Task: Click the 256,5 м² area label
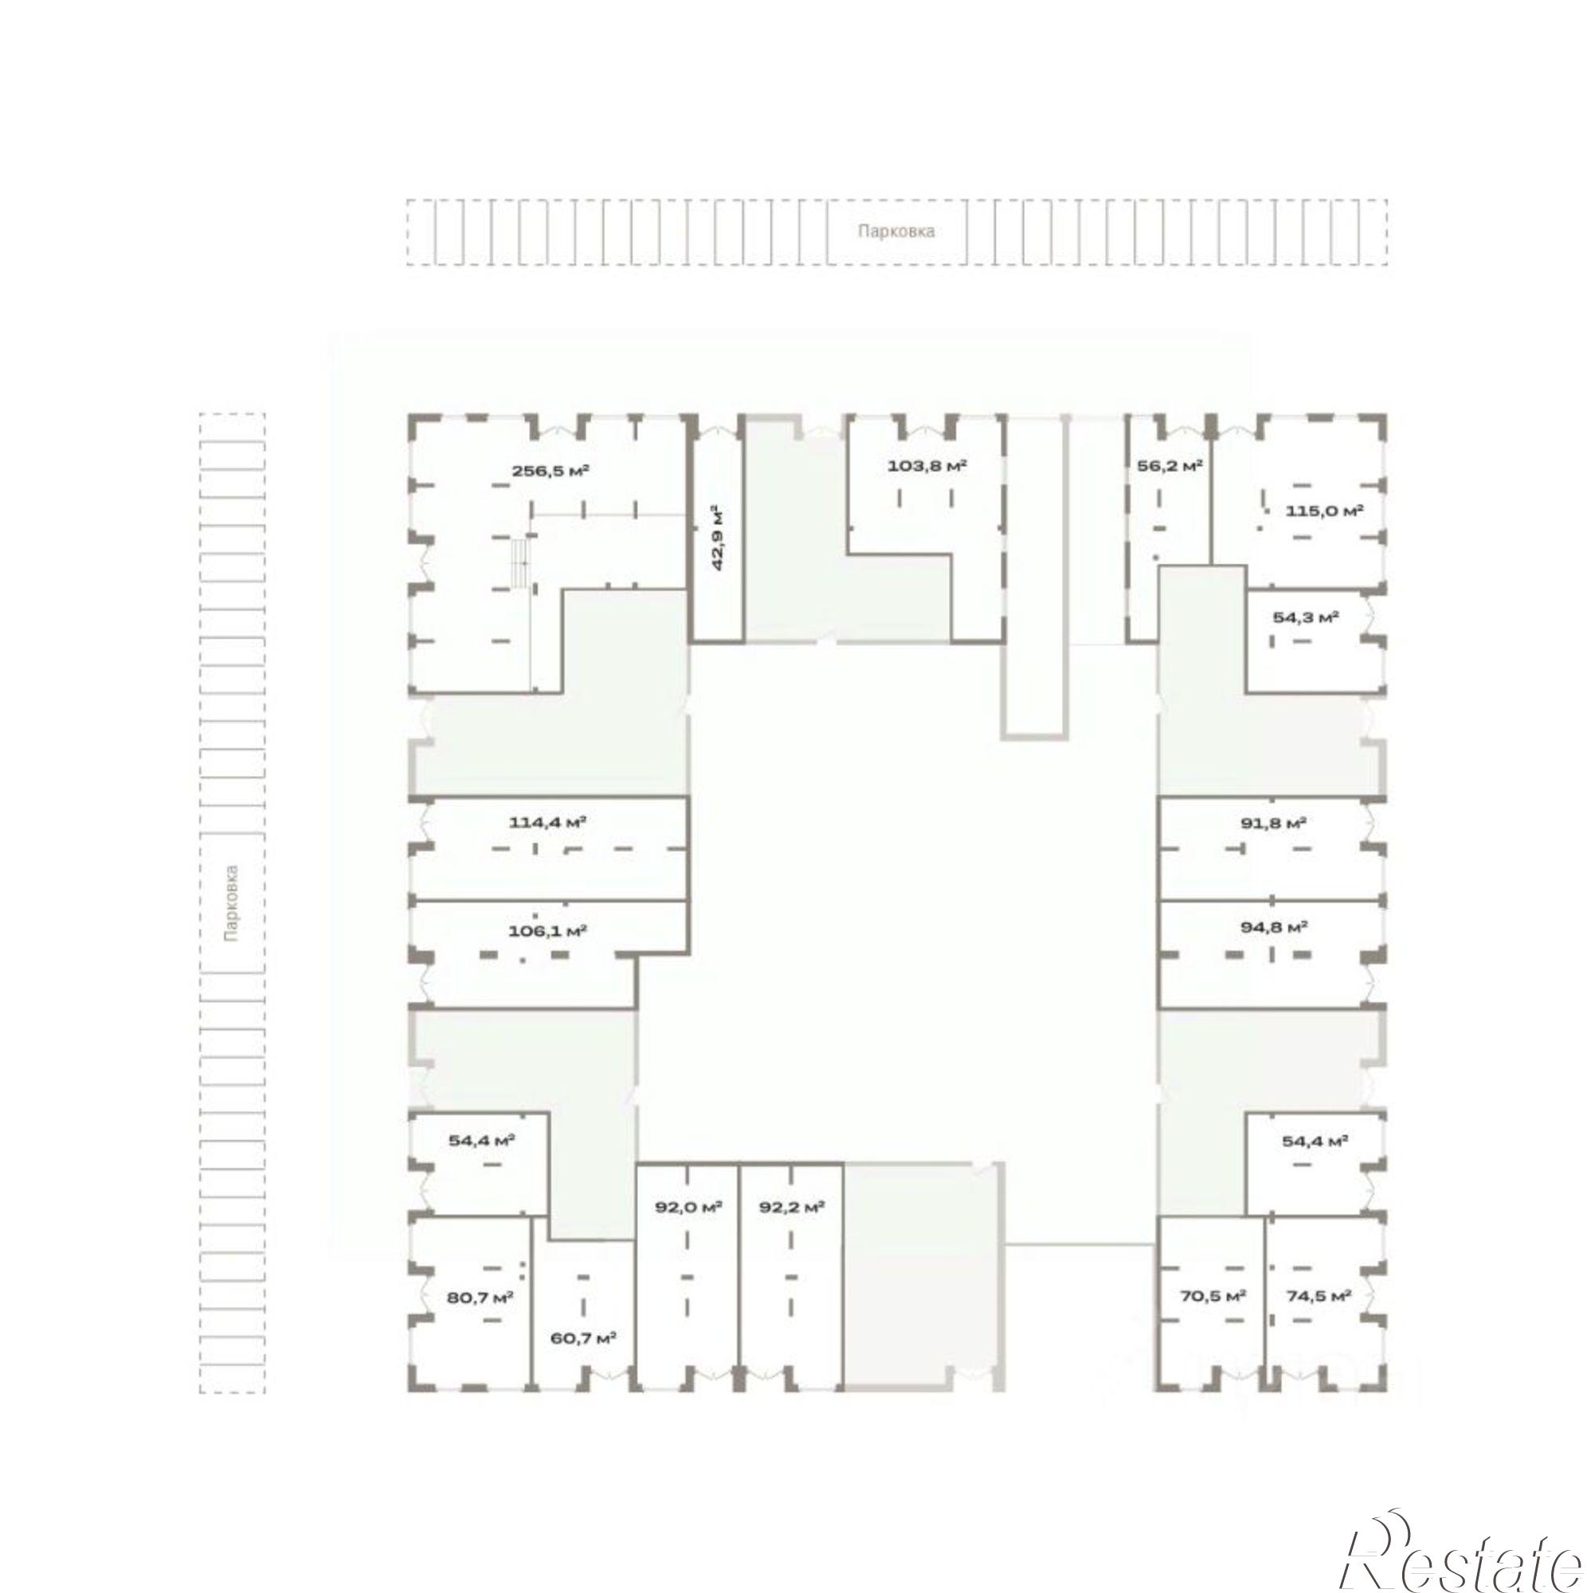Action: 551,472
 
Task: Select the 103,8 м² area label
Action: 927,465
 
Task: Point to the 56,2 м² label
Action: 1165,465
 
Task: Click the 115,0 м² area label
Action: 1324,511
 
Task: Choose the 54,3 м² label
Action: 1305,616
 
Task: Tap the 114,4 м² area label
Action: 547,822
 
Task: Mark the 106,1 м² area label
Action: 547,931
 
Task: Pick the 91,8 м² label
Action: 1274,822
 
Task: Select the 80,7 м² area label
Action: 480,1297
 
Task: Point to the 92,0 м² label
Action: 688,1207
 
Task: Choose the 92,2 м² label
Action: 792,1207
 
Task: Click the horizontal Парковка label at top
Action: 895,232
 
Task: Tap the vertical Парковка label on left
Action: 233,902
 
